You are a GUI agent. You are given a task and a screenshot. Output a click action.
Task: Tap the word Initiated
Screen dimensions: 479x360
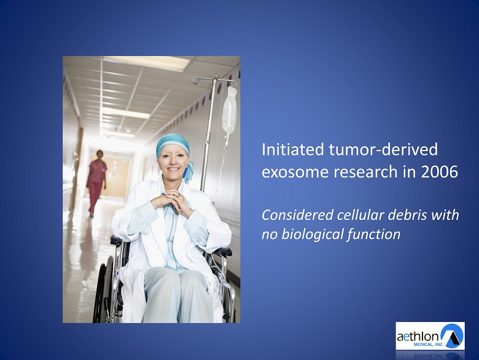tap(293, 149)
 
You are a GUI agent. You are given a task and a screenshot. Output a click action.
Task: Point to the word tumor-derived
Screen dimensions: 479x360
tap(383, 149)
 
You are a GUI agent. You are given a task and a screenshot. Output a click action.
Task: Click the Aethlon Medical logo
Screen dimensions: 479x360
tap(430, 335)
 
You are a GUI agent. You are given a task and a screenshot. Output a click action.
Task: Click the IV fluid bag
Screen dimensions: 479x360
tap(230, 112)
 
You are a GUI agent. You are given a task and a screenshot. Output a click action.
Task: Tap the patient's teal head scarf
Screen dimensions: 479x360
tap(175, 150)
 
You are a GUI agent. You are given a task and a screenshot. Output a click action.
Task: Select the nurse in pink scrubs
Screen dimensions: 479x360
tap(96, 182)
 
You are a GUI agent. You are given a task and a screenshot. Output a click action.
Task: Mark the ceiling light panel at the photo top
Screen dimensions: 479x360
tap(147, 63)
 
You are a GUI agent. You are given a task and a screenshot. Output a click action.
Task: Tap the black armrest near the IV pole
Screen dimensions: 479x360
tap(224, 252)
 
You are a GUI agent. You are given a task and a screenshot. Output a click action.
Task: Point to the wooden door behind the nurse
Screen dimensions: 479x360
tap(116, 176)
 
